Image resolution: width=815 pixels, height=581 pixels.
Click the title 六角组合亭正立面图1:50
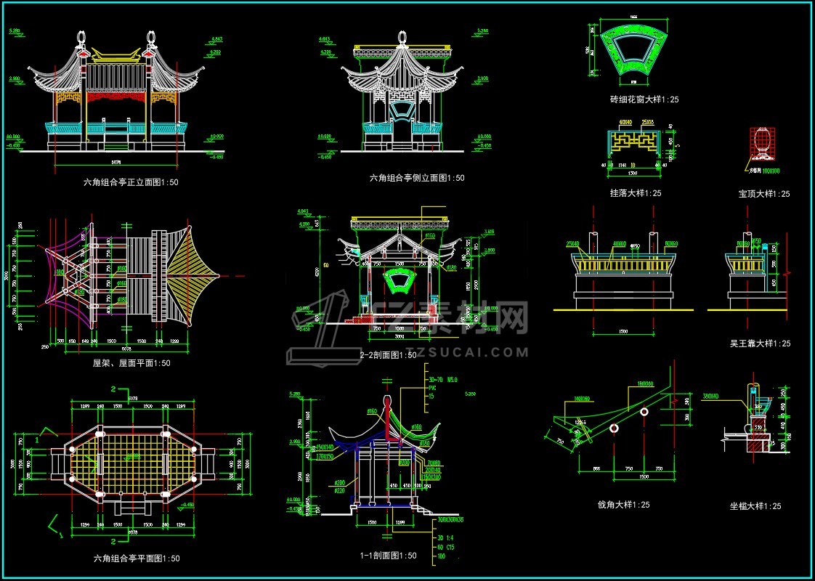coord(131,183)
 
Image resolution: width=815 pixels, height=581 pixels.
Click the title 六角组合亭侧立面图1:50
coord(417,178)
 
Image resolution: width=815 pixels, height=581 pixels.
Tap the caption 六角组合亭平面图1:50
coord(137,558)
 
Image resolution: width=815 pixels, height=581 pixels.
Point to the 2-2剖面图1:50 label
coord(389,355)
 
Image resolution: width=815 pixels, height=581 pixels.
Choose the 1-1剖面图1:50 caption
coord(389,556)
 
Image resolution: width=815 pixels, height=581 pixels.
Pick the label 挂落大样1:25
coord(636,193)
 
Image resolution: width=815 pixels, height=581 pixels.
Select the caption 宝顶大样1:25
coord(764,194)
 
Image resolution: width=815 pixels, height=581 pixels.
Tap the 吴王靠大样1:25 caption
coord(760,344)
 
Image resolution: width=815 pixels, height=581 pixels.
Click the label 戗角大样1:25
coord(623,505)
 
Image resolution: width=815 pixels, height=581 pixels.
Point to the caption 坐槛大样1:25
coord(755,506)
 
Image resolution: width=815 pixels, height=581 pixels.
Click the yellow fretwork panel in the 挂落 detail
coord(634,142)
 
